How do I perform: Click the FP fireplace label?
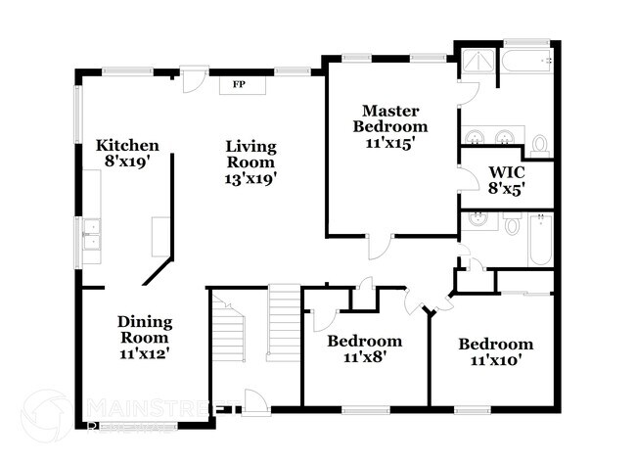pos(236,85)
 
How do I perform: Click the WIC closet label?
pos(507,172)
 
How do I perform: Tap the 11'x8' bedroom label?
pos(364,358)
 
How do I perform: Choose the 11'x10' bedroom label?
pos(496,361)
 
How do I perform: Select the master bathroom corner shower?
pos(477,60)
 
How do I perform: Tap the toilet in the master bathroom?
pos(539,146)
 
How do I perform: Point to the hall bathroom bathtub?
pos(541,240)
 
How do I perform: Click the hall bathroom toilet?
pos(512,225)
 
